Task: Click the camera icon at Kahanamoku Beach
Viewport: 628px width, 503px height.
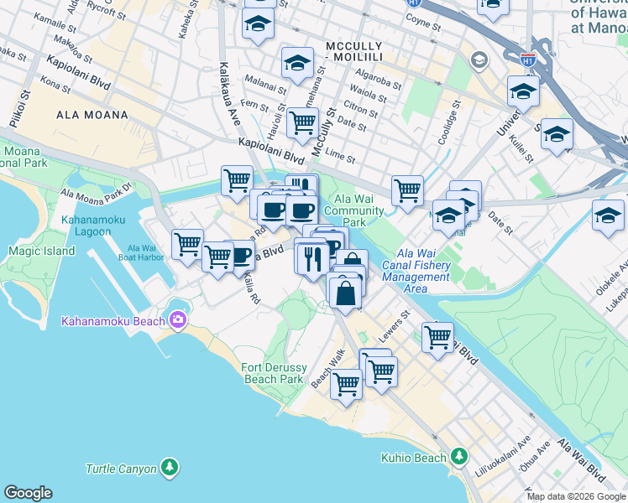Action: [177, 319]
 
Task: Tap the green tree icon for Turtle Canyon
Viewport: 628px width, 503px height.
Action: [170, 465]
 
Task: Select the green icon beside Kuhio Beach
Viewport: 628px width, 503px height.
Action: [458, 457]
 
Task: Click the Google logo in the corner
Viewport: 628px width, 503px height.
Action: [28, 493]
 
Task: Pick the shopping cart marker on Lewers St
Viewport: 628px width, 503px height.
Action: [437, 337]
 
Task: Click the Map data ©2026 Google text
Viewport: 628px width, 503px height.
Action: [577, 496]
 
